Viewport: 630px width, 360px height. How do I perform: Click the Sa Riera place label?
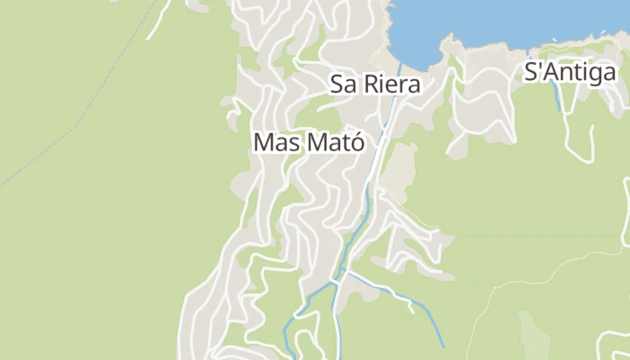(x=377, y=85)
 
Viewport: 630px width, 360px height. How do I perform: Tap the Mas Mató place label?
(x=309, y=142)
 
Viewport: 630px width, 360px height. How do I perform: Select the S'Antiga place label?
(x=569, y=73)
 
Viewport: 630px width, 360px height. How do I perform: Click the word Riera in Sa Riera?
(x=393, y=85)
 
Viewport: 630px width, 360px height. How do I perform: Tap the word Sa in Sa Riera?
(x=344, y=85)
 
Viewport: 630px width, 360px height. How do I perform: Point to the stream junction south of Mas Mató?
(x=336, y=282)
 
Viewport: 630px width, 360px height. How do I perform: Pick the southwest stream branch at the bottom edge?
(x=286, y=346)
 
